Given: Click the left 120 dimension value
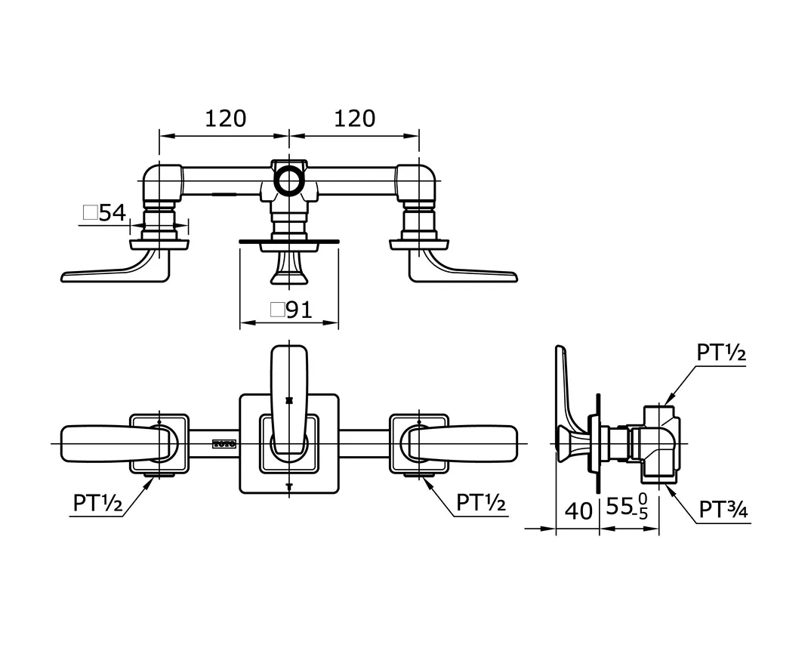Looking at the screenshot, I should [225, 119].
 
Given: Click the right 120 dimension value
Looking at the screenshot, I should [354, 119].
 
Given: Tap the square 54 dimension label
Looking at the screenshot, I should [104, 213].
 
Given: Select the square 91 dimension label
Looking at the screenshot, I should [291, 310].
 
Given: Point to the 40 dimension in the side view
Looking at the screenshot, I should [578, 511].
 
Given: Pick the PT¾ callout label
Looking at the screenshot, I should [723, 510].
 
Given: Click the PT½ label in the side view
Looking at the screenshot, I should [721, 353].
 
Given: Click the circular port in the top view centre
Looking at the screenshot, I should [287, 181].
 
